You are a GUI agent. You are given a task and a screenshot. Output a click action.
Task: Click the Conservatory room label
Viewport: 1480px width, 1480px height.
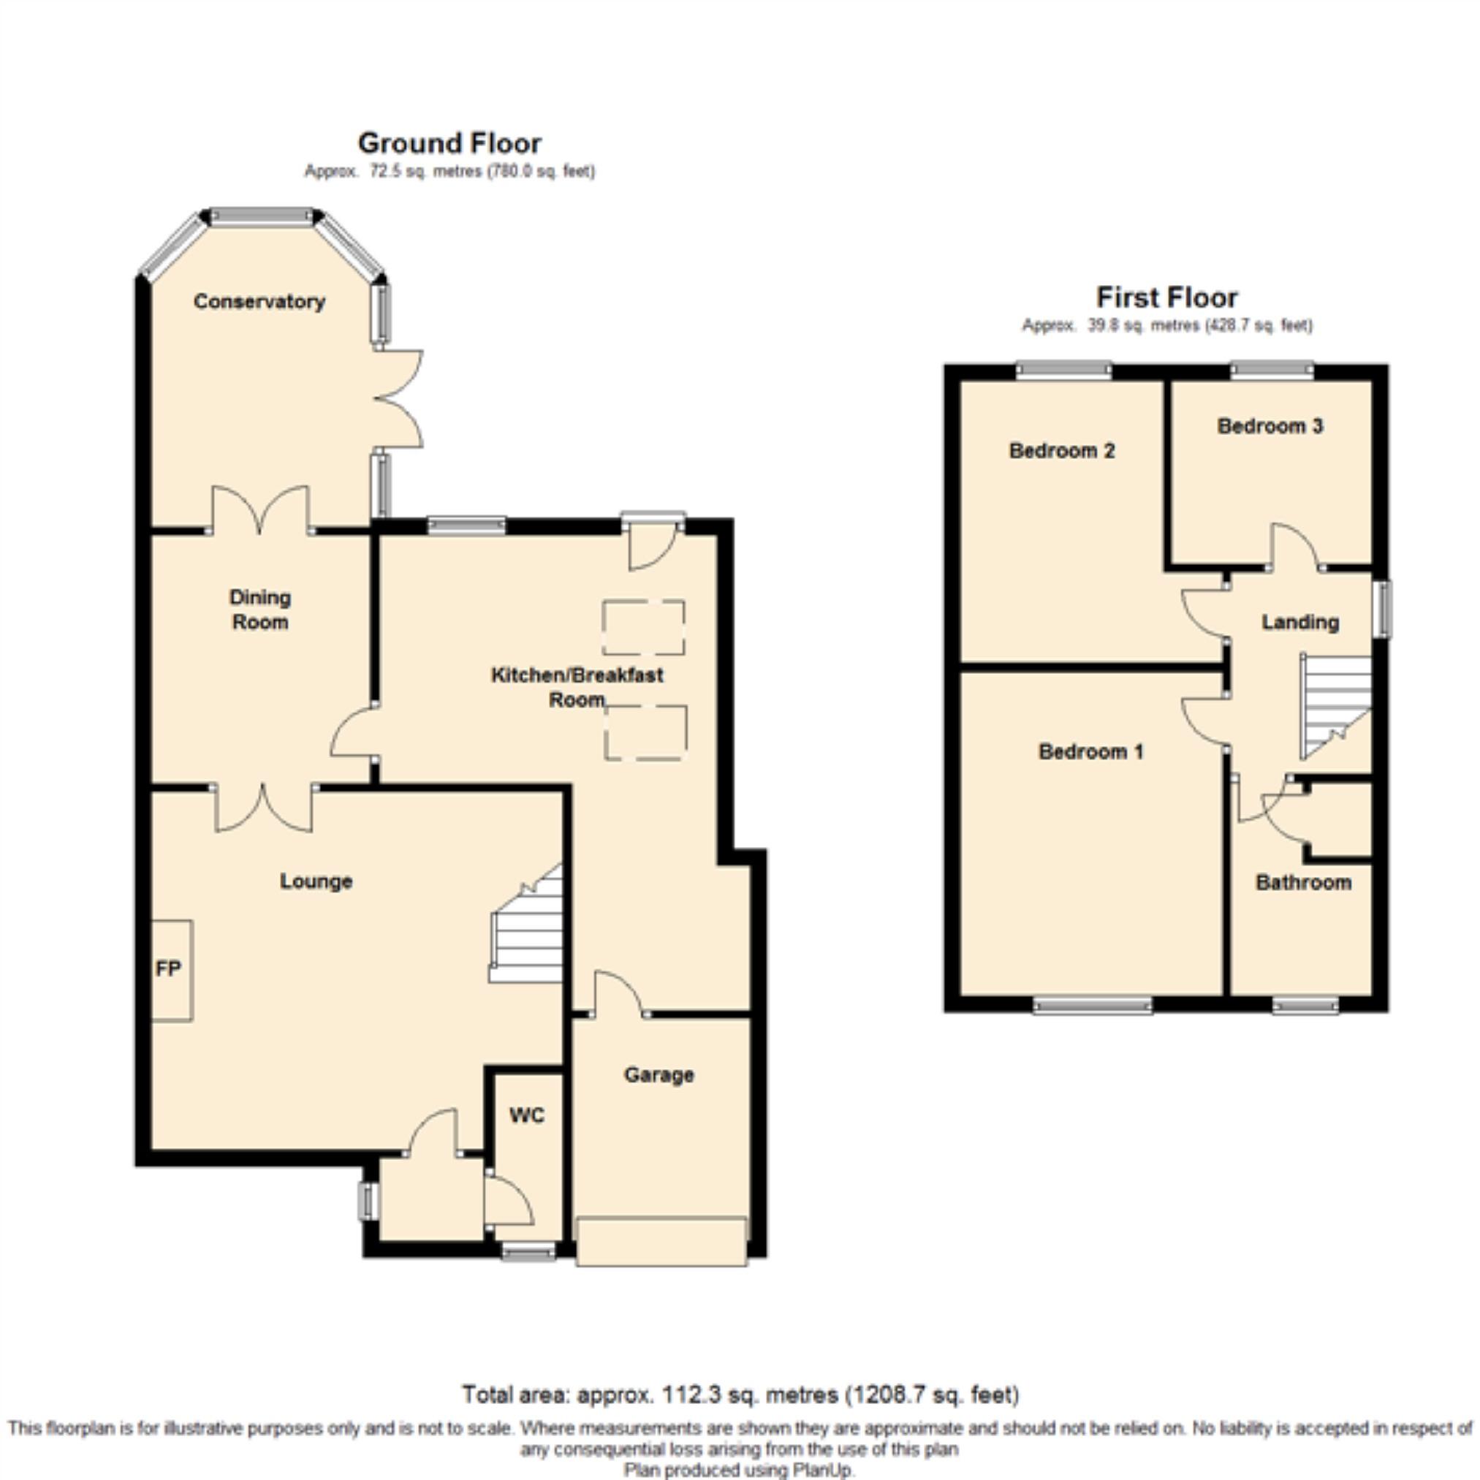point(259,301)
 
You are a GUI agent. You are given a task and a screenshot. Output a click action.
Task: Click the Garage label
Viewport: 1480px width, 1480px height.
point(659,1075)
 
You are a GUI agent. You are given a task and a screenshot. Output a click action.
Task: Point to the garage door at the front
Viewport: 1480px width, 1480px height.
point(661,1240)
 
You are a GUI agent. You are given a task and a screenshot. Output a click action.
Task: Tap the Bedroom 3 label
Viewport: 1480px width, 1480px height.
point(1270,426)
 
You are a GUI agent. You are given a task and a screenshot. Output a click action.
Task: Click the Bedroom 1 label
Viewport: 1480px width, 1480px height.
point(1091,751)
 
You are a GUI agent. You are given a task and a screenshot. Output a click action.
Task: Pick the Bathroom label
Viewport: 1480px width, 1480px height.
point(1303,882)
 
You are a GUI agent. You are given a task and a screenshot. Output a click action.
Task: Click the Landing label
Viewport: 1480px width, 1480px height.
point(1300,622)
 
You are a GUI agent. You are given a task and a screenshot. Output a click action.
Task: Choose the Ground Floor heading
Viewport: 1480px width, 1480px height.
point(449,143)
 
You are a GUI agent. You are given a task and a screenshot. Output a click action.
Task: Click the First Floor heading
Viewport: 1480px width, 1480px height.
point(1166,297)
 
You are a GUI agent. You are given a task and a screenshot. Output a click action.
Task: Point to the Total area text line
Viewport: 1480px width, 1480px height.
point(740,1395)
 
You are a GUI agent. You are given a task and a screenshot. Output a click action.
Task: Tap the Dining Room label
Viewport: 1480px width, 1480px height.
point(259,610)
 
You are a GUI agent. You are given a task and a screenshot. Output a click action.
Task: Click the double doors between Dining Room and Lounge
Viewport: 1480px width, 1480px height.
point(264,808)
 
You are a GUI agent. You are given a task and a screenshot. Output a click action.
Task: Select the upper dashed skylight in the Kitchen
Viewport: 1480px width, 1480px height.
point(643,627)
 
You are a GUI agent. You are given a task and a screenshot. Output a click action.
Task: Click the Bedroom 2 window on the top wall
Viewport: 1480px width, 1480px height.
point(1064,370)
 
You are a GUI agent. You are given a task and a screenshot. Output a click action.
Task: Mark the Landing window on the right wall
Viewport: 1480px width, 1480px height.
point(1381,609)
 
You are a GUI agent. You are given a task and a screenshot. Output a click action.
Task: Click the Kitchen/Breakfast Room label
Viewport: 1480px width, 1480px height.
point(577,687)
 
